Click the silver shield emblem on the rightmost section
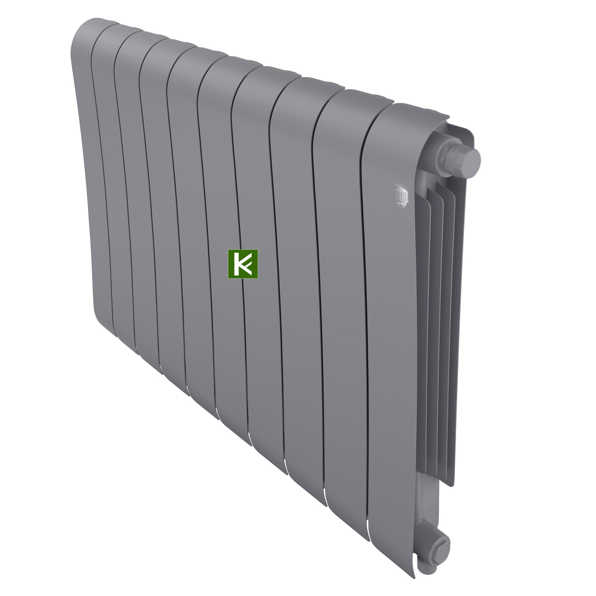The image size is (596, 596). tap(401, 195)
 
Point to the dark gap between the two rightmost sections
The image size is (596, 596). tap(364, 308)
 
